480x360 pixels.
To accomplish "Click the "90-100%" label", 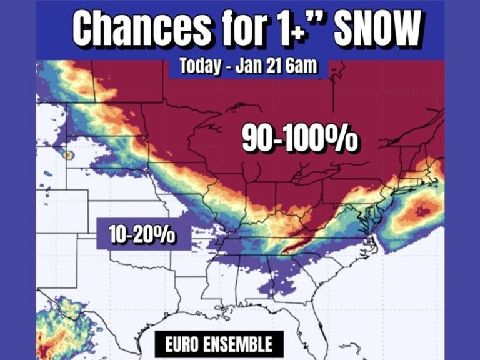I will coord(299,140).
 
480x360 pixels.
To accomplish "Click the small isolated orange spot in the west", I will coord(67,153).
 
